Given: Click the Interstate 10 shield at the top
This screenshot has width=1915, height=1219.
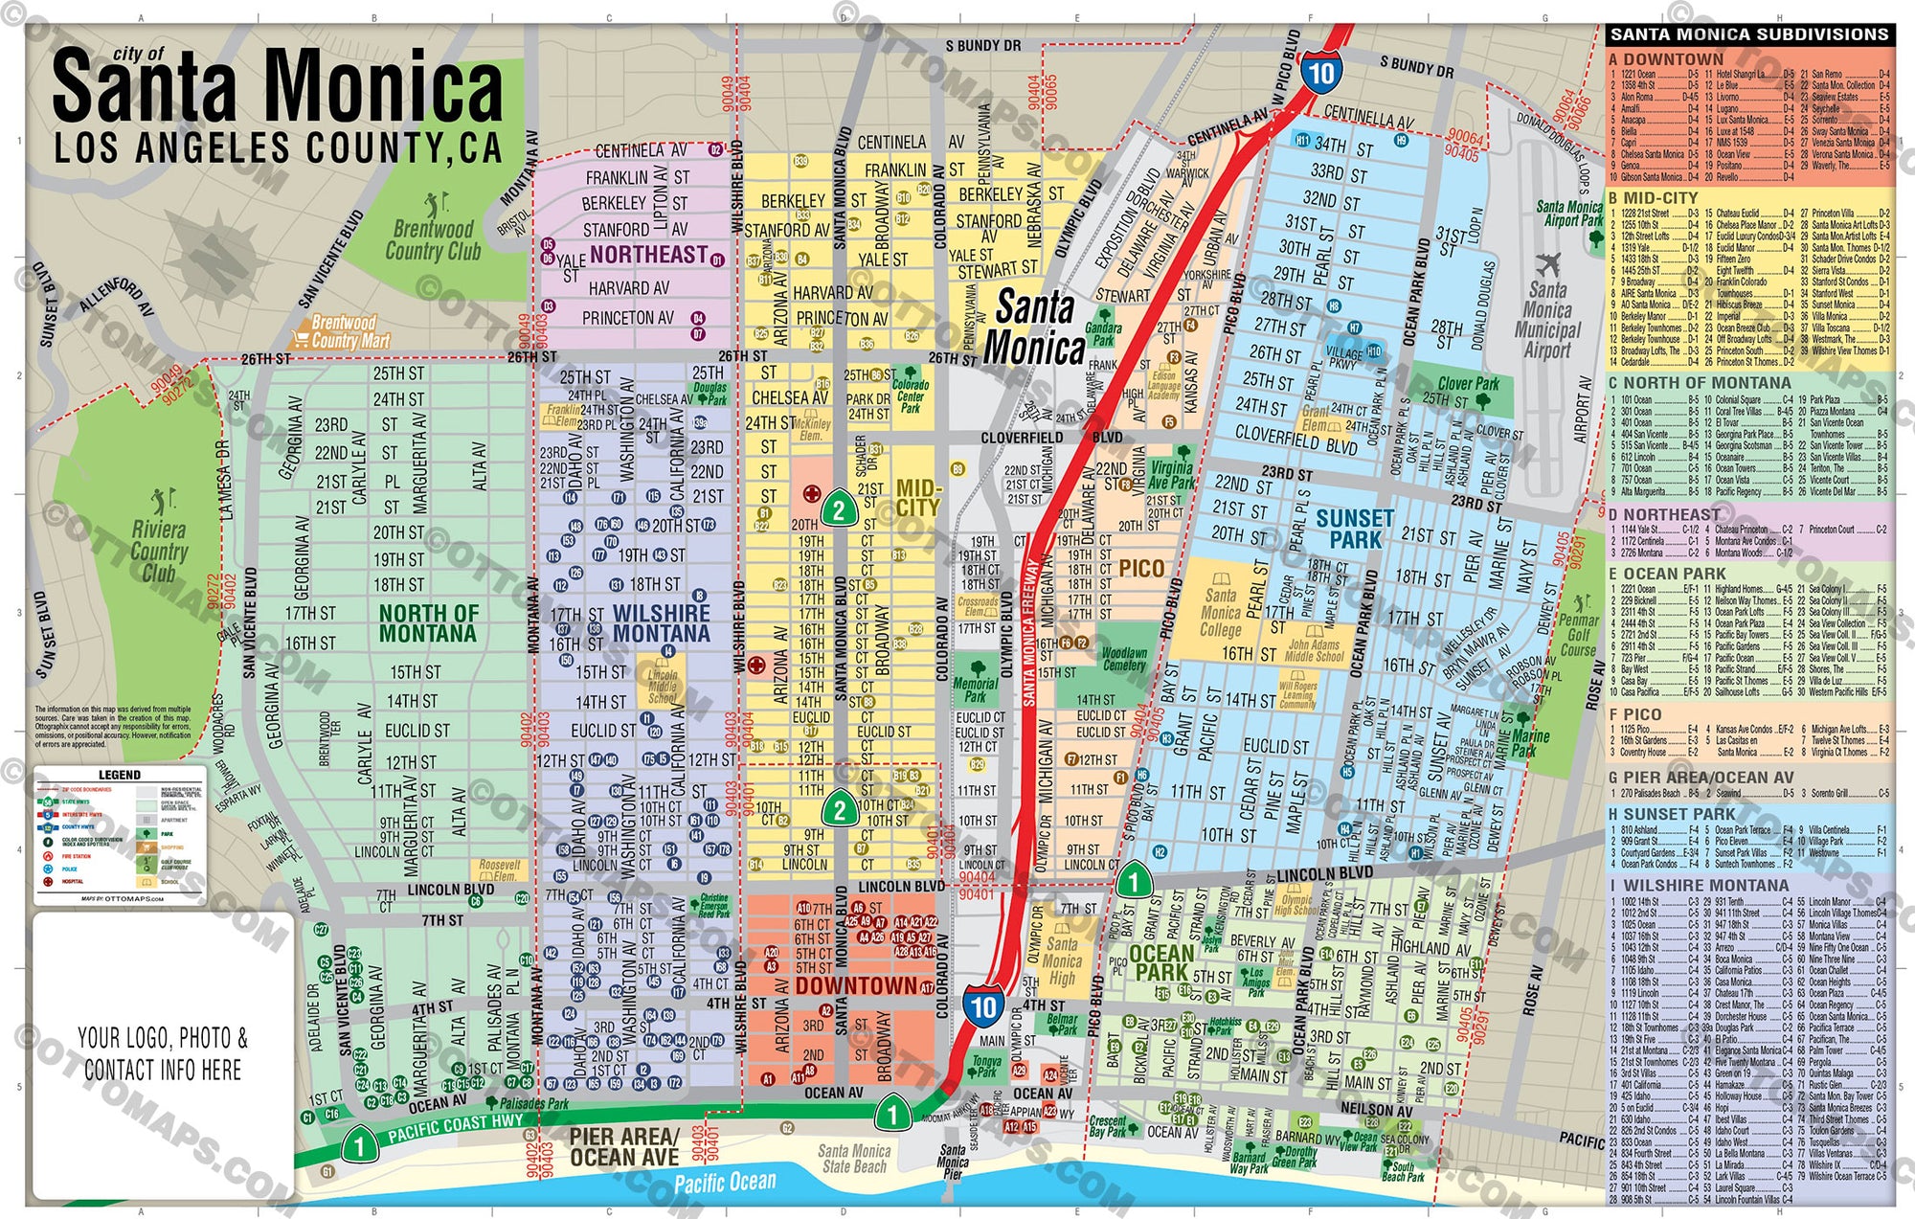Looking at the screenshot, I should tap(1321, 73).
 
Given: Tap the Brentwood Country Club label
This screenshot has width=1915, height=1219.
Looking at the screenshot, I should tap(433, 240).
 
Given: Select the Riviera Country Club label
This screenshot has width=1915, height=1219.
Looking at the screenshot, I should tap(159, 552).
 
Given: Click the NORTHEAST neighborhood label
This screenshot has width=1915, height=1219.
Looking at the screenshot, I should tap(648, 254).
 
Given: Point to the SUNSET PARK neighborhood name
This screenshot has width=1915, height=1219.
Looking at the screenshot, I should tap(1355, 529).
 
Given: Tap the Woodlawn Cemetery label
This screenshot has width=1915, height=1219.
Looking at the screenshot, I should tap(1124, 658).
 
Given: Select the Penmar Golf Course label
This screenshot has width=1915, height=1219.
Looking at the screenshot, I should tap(1578, 635).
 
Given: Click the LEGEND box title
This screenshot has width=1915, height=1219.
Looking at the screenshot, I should tap(120, 774).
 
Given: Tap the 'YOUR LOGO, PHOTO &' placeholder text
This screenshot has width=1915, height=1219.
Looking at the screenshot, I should tap(162, 1038).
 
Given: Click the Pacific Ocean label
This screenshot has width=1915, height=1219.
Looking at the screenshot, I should tap(725, 1182).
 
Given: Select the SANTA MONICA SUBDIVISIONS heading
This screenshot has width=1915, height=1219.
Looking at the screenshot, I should tap(1748, 34).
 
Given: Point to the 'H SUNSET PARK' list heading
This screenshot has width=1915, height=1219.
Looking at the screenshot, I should tap(1672, 814).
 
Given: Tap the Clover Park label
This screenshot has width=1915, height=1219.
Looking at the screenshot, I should tap(1468, 383).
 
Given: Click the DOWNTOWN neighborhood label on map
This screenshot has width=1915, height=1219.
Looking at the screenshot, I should tap(855, 985).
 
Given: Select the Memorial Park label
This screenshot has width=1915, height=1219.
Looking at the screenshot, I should tap(975, 689).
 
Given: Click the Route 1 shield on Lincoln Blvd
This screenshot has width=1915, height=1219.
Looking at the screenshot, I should tap(1135, 879).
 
